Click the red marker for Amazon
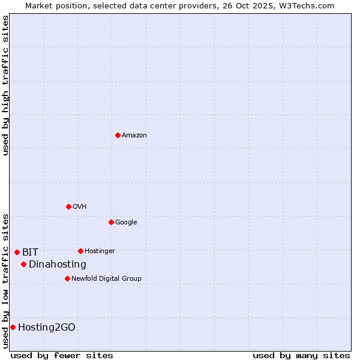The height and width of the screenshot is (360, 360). coord(118,135)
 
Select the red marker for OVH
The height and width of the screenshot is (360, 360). coord(68,206)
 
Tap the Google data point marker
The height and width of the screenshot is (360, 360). coord(111,222)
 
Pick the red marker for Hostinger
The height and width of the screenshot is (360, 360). coord(80,251)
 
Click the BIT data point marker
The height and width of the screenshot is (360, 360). coord(17,252)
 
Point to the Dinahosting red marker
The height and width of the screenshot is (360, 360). coord(23,264)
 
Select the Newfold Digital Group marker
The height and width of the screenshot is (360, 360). coord(67,278)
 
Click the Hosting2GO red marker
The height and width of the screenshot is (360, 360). coord(13,327)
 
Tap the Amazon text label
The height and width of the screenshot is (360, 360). coord(134,136)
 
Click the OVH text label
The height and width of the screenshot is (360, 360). coord(80,207)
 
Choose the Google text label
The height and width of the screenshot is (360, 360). coord(126,223)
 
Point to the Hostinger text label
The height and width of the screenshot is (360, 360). coord(100,251)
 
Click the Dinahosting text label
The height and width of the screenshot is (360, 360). coord(58,265)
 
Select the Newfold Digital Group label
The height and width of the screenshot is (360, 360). coord(106,279)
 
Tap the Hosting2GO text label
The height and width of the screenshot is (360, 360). coord(47,328)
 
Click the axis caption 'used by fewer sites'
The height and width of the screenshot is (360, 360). coord(62,355)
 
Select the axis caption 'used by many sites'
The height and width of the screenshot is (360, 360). coord(301,355)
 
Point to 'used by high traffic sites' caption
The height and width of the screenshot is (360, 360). coord(5,85)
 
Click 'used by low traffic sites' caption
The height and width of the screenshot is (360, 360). coord(5,281)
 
